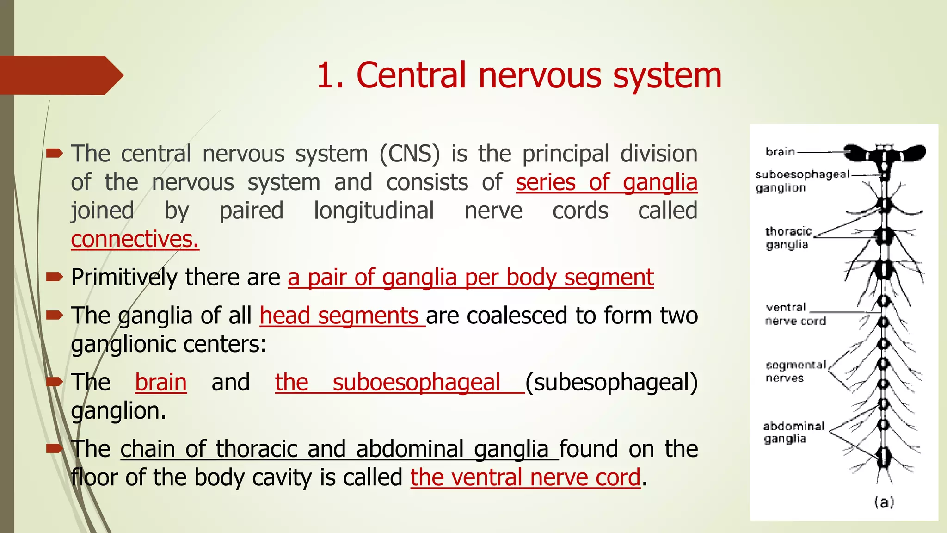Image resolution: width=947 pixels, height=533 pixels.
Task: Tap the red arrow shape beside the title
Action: [x=60, y=75]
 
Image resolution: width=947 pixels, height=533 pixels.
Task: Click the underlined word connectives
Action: [x=135, y=240]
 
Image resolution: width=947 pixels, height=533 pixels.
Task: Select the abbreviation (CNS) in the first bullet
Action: [x=410, y=154]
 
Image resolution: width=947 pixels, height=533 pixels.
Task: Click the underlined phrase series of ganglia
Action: [x=606, y=182]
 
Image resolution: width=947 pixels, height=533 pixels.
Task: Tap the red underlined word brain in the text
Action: [x=161, y=383]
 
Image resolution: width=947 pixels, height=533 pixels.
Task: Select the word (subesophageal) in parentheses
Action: [x=611, y=383]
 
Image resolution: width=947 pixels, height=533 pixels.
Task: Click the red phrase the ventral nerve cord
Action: [x=525, y=478]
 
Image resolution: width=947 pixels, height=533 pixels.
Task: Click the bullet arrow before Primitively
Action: [x=55, y=277]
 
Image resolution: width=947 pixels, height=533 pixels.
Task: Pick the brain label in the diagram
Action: [x=780, y=152]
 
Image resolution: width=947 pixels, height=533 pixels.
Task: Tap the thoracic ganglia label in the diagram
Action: [x=787, y=237]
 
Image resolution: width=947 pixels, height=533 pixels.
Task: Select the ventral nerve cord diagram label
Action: [x=794, y=314]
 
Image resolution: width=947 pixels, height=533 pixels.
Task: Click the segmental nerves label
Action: [x=795, y=372]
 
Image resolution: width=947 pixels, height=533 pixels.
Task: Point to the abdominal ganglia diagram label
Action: [x=793, y=432]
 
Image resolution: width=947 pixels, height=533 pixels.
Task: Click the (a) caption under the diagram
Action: [x=884, y=502]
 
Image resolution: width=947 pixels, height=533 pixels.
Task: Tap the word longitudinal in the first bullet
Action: [x=374, y=211]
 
